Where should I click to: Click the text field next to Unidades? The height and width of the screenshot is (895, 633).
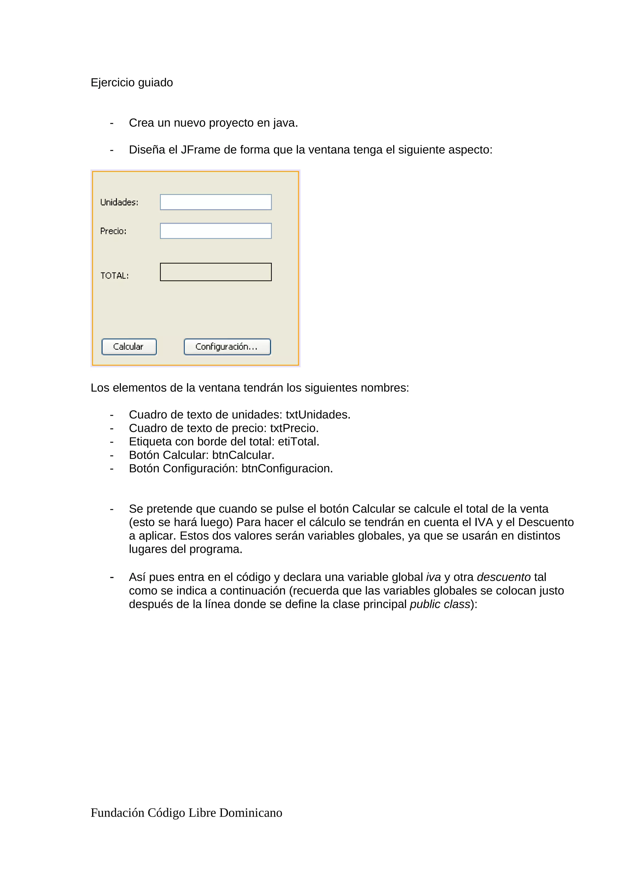pyautogui.click(x=216, y=202)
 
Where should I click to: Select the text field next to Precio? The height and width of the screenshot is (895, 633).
pyautogui.click(x=216, y=231)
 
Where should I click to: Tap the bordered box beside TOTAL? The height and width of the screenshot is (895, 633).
pyautogui.click(x=216, y=272)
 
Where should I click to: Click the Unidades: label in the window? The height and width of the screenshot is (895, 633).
pyautogui.click(x=119, y=202)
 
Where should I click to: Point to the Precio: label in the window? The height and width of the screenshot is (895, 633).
pyautogui.click(x=113, y=231)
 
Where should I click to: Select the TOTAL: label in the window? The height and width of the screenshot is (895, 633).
pyautogui.click(x=114, y=275)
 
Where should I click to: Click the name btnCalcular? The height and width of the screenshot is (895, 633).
pyautogui.click(x=243, y=455)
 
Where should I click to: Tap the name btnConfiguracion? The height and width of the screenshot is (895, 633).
pyautogui.click(x=287, y=468)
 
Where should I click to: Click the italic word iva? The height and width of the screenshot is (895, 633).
pyautogui.click(x=433, y=577)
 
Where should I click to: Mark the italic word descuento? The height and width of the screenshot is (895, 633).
pyautogui.click(x=503, y=577)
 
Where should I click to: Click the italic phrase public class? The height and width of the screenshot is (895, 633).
pyautogui.click(x=440, y=604)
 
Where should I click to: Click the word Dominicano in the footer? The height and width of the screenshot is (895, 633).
pyautogui.click(x=250, y=813)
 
